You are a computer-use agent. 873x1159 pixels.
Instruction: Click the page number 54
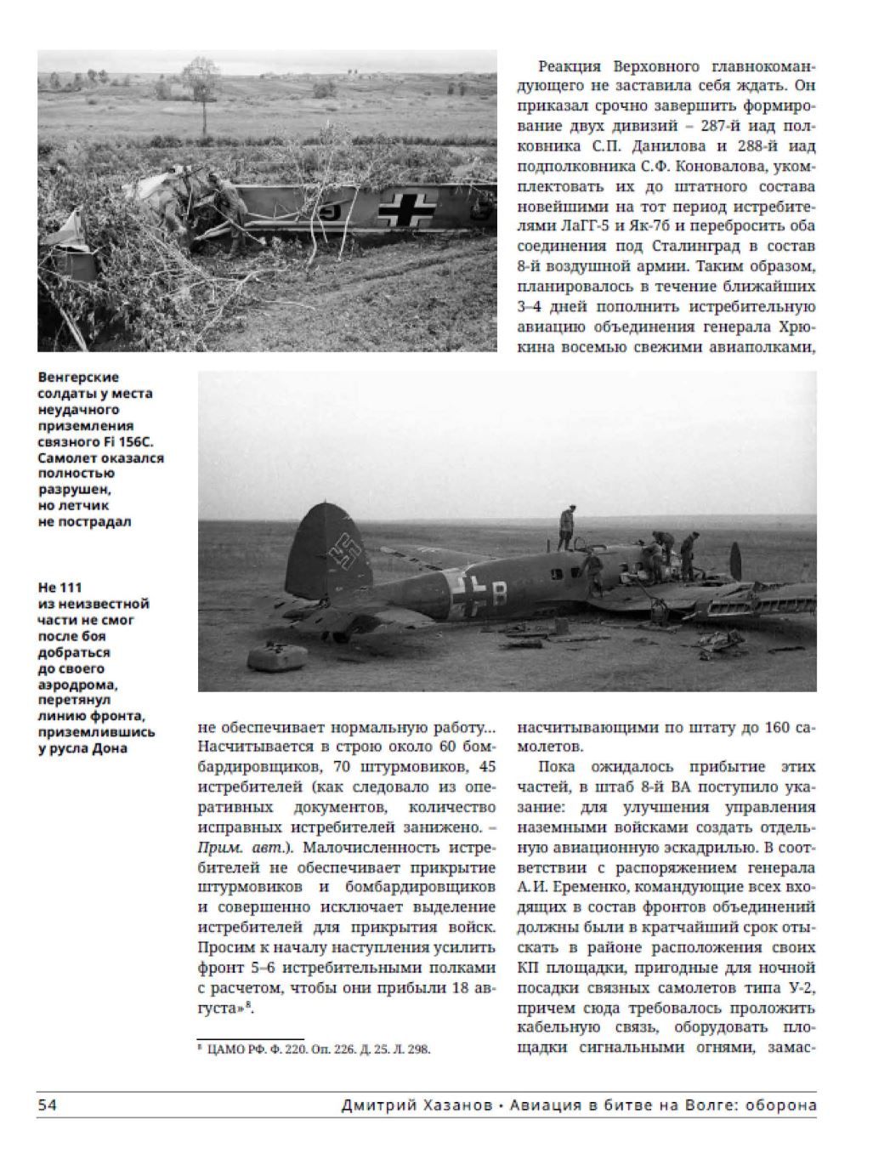pos(47,1105)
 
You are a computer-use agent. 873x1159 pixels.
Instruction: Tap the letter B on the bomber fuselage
pos(499,595)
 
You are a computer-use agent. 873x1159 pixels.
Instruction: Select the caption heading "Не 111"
pos(60,588)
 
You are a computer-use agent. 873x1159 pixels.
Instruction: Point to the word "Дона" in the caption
pos(110,748)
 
